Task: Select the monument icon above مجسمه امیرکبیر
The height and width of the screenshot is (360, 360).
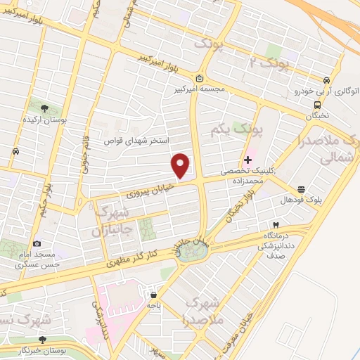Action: tap(200, 78)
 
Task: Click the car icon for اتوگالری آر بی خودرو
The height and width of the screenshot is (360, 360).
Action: tap(326, 80)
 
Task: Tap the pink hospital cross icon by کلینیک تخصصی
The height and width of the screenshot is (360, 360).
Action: tap(247, 160)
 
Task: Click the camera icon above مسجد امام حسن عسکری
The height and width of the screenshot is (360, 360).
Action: tap(37, 243)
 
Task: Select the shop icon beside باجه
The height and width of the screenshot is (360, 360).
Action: tap(154, 295)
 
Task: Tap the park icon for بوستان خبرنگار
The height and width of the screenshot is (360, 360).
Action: tap(43, 339)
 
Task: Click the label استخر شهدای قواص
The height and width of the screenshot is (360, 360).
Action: tap(133, 141)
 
